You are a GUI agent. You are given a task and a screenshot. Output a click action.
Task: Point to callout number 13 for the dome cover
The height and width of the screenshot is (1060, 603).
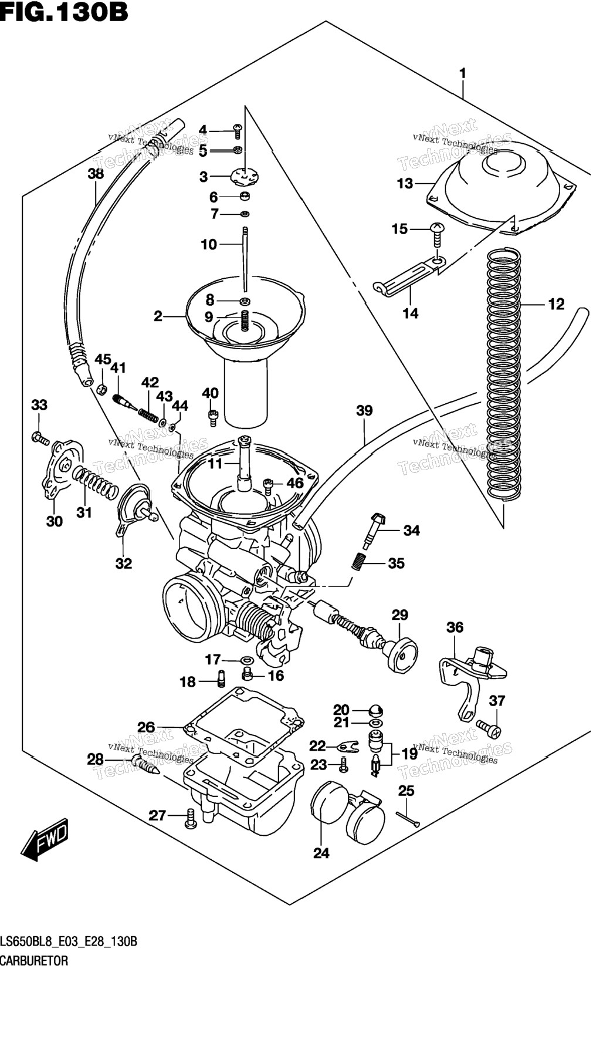coord(405,184)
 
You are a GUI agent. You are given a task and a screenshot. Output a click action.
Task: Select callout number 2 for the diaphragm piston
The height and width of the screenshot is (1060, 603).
coord(158,317)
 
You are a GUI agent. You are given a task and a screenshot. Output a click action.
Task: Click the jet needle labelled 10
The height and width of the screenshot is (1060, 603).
coord(245,258)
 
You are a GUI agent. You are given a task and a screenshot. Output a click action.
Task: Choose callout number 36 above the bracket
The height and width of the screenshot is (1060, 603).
coord(455,627)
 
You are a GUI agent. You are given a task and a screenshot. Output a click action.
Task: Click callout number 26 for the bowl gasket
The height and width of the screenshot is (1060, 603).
coord(146,728)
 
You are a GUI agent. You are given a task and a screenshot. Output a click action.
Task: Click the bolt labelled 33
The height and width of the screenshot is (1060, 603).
coord(40,437)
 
